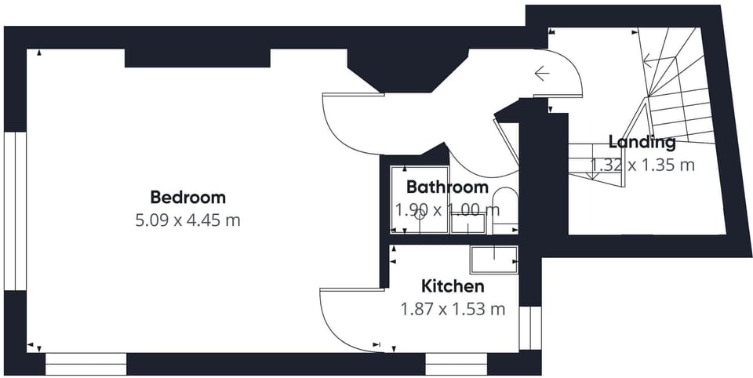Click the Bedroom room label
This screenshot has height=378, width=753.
[187, 198]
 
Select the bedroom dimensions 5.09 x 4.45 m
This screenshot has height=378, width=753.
[187, 220]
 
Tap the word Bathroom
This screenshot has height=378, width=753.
[447, 187]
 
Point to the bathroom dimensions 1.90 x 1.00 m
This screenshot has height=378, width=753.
[447, 210]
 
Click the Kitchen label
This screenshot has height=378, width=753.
[453, 286]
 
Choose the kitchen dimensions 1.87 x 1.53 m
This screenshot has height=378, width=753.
[453, 309]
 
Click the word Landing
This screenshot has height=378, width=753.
[642, 142]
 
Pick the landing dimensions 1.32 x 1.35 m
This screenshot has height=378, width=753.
[642, 165]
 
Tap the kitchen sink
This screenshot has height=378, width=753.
[494, 260]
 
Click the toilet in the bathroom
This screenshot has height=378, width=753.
[506, 210]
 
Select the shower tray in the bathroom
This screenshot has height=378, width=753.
[420, 199]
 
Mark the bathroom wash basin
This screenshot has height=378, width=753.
[468, 224]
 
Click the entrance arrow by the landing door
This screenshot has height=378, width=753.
[542, 74]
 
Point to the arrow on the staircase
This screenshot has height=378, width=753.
[659, 60]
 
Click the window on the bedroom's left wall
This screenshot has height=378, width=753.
[15, 210]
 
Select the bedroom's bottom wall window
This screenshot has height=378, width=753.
[86, 364]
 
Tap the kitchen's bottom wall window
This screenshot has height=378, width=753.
[457, 364]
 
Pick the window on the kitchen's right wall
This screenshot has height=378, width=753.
[530, 328]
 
